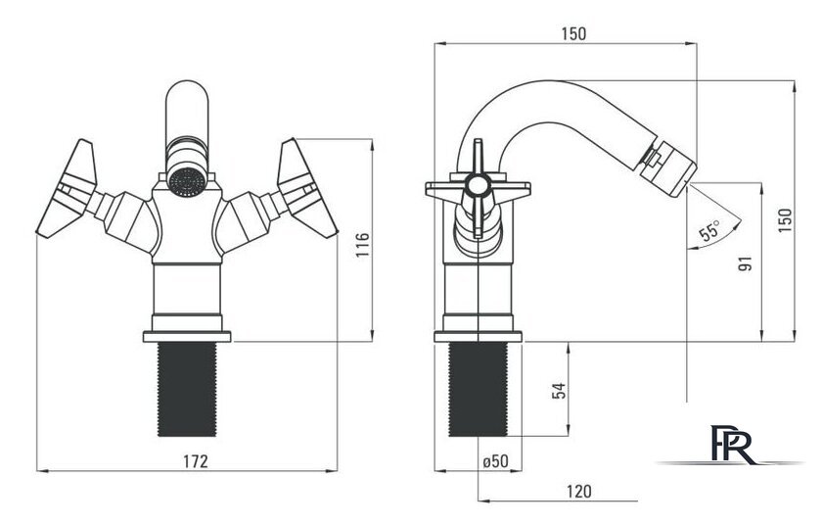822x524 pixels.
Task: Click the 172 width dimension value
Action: pos(195,461)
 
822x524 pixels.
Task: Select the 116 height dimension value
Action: pos(363,245)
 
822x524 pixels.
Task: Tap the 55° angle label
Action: pos(710,230)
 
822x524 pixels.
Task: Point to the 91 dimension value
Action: pos(745,263)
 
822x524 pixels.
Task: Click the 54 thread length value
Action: pos(560,391)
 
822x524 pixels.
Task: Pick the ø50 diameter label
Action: pos(495,461)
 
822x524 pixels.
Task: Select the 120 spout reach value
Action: pos(578,492)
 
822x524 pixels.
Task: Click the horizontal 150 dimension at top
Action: pos(573,34)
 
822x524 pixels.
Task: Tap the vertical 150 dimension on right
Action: pos(785,220)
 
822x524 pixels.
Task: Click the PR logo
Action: pos(732,444)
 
